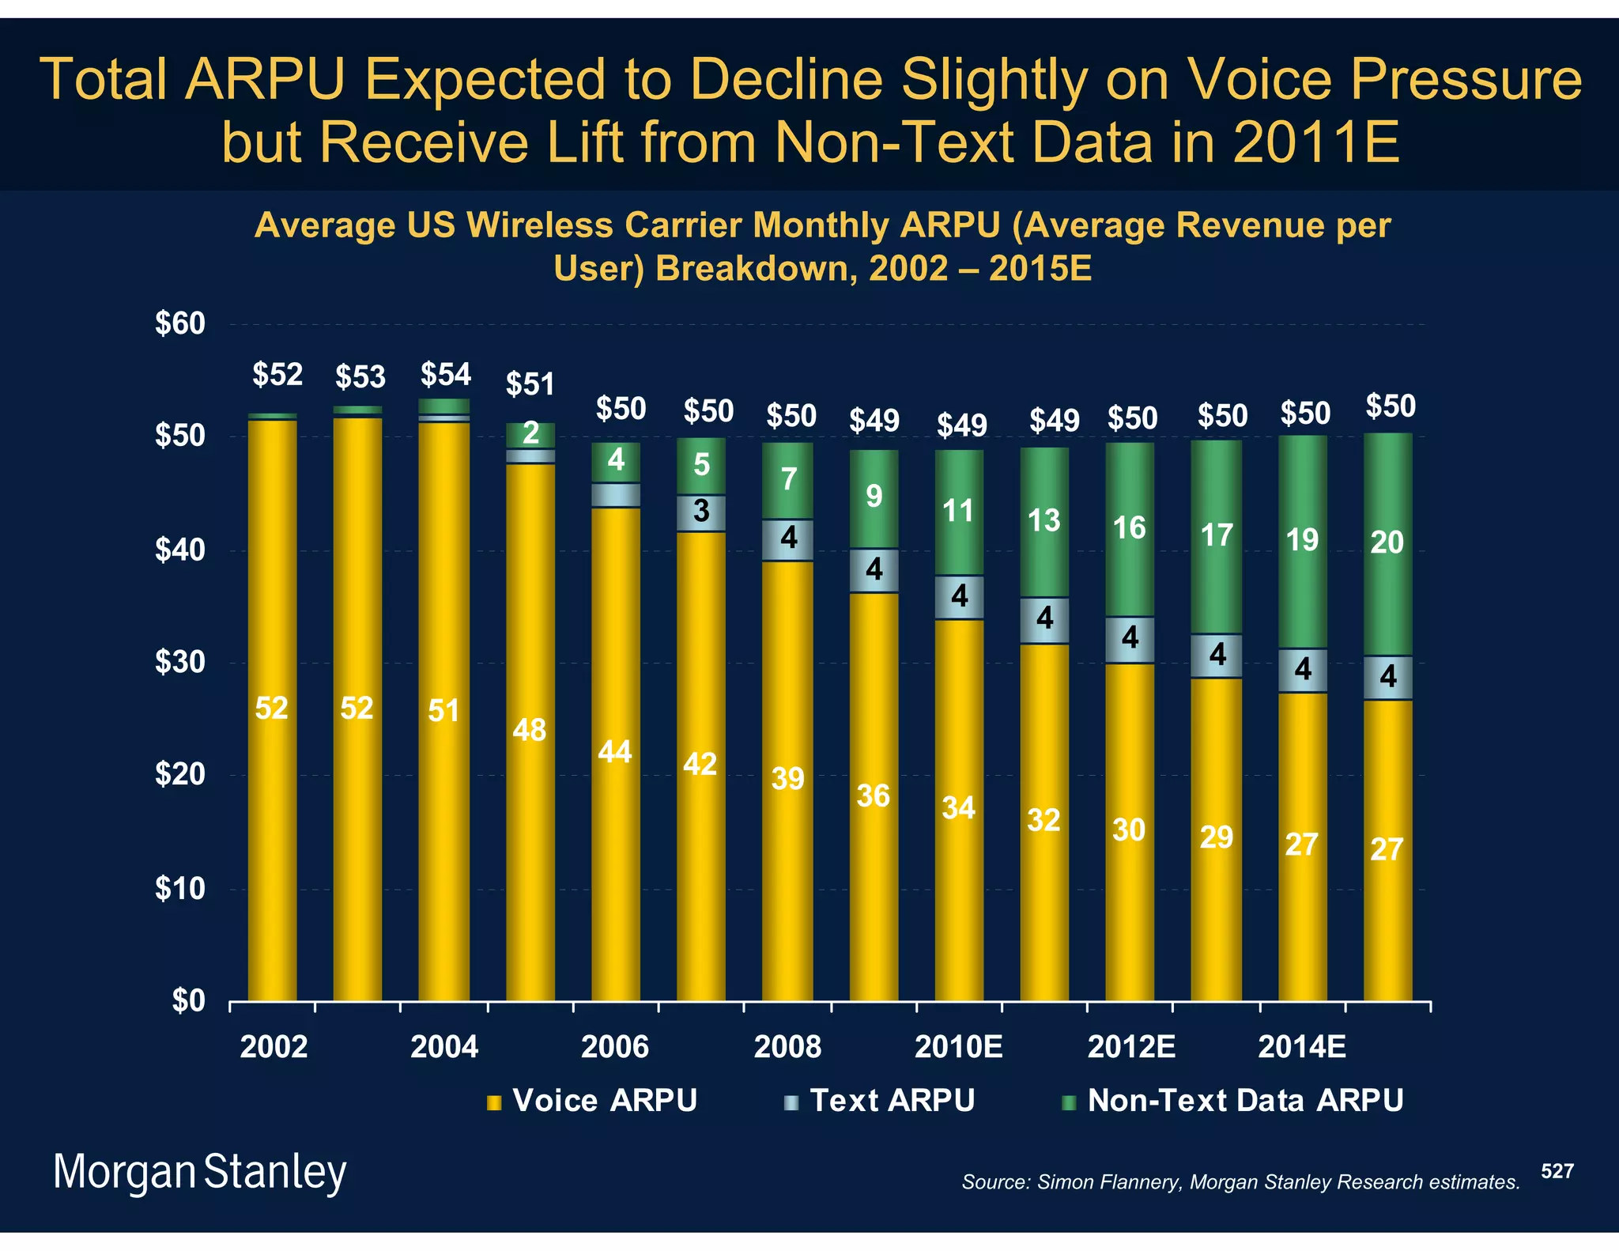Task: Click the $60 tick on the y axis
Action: (x=179, y=324)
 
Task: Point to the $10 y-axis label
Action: (x=179, y=890)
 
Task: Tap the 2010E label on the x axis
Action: (x=958, y=1047)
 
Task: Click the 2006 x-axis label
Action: (x=614, y=1047)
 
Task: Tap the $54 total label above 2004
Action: (x=445, y=374)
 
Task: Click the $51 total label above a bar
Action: (x=530, y=384)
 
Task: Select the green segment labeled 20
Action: (x=1387, y=544)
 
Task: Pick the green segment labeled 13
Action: (x=1044, y=522)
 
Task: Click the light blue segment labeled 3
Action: (x=701, y=513)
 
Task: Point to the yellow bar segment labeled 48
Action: (x=530, y=731)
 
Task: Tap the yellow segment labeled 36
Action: (x=874, y=796)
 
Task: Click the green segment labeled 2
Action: (x=530, y=434)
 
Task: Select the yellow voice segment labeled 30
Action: (x=1129, y=830)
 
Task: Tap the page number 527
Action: (x=1557, y=1171)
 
